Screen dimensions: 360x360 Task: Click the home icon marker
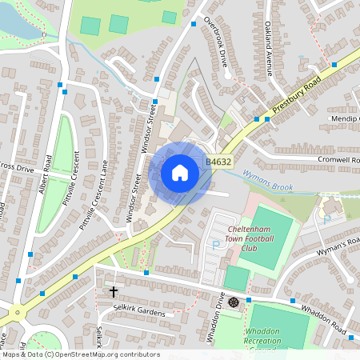coord(180,172)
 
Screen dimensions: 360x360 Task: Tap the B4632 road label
coord(218,162)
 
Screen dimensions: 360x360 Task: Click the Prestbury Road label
coord(296,95)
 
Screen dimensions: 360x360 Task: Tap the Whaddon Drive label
coord(217,318)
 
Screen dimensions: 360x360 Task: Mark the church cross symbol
coord(114,292)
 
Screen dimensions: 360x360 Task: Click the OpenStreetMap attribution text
coord(80,354)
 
